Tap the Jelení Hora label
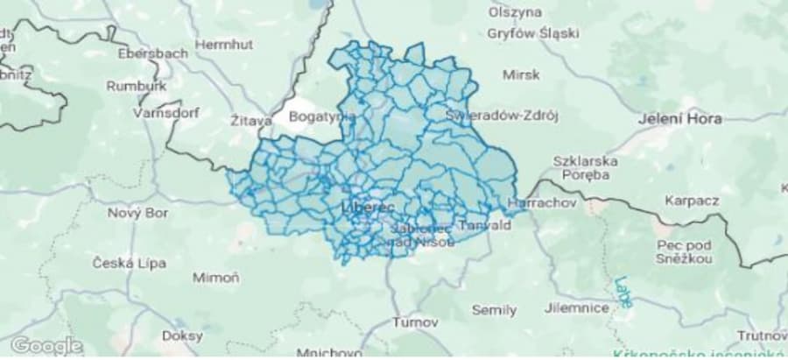point(680,119)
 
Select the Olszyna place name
point(516,12)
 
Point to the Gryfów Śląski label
point(535,34)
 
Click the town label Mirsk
point(522,75)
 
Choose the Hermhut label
point(222,43)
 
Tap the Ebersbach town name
point(152,53)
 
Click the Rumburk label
point(136,86)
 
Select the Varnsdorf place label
point(165,113)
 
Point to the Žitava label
point(251,121)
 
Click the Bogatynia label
point(321,116)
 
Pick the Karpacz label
point(691,200)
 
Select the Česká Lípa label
point(124,263)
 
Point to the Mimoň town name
point(216,278)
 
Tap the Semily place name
point(494,310)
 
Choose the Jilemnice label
point(576,308)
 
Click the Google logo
point(34,345)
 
